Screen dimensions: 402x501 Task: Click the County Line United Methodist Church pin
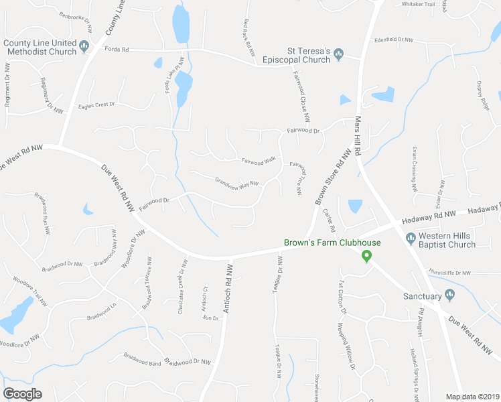coord(84,46)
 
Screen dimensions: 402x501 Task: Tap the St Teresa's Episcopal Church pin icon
coord(339,54)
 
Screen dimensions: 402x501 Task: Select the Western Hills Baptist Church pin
coord(411,237)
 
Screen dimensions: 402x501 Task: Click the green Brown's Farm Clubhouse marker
coord(366,255)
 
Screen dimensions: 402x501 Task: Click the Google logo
coord(23,394)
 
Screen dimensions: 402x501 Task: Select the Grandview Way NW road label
coord(236,182)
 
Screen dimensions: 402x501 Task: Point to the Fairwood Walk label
coord(259,160)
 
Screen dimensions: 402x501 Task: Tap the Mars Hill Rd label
coord(358,135)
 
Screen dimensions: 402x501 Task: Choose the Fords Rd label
coord(116,49)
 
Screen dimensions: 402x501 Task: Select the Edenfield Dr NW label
coord(394,40)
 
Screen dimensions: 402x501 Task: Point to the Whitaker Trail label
coord(418,4)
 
